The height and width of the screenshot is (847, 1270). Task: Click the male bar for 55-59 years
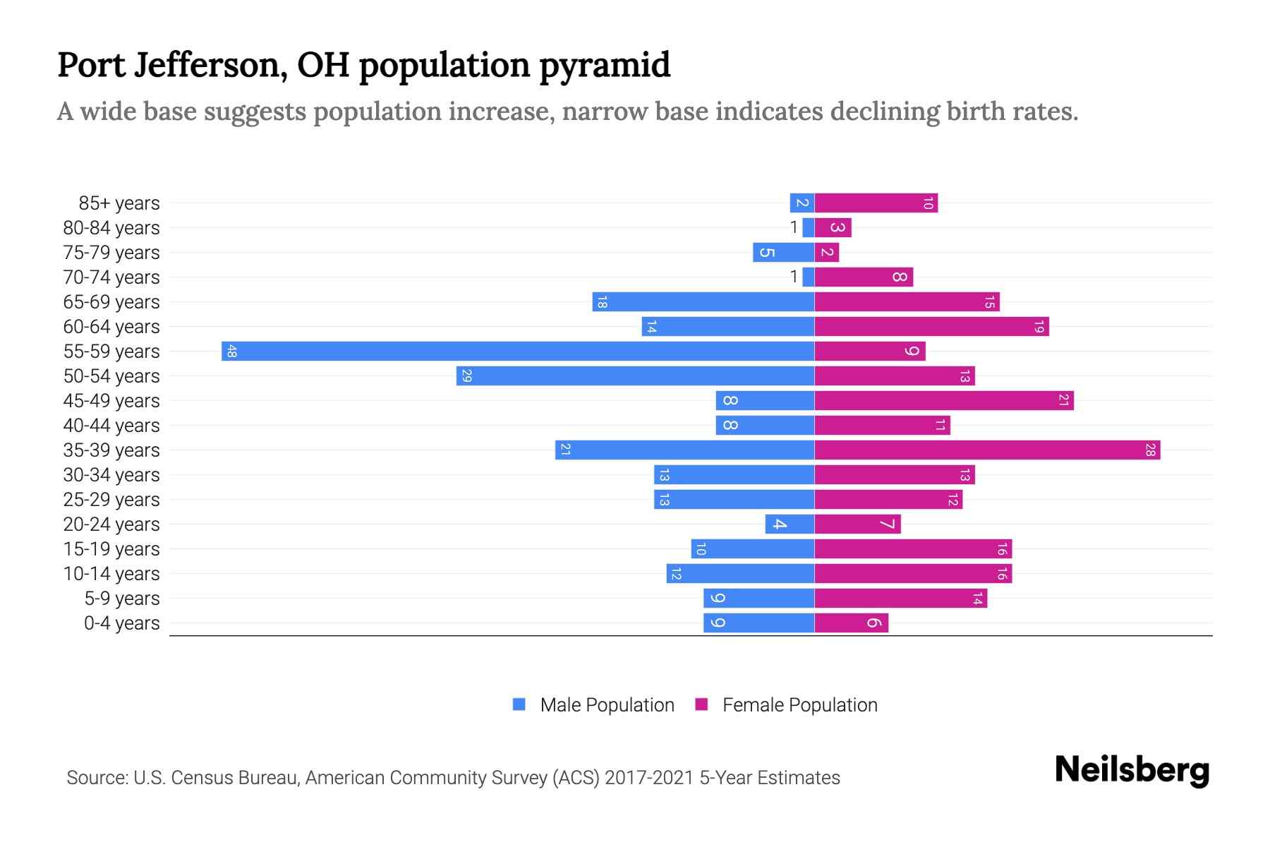point(518,351)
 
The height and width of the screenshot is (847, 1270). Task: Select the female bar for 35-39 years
point(987,450)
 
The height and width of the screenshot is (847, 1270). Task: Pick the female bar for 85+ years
point(876,203)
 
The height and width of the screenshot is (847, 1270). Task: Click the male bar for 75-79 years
point(783,252)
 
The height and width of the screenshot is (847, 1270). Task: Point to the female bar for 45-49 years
point(944,400)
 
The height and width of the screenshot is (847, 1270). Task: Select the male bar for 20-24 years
point(790,524)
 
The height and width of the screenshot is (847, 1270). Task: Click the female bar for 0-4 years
point(851,623)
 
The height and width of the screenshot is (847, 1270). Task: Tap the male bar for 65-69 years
point(703,301)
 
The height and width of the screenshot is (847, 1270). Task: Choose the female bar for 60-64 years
point(931,326)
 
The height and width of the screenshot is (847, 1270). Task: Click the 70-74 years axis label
point(111,277)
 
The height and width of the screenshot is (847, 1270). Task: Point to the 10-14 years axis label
point(111,573)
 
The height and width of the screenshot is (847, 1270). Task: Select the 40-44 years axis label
point(111,425)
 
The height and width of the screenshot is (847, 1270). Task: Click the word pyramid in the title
point(605,65)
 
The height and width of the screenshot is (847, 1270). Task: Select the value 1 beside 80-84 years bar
point(794,227)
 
